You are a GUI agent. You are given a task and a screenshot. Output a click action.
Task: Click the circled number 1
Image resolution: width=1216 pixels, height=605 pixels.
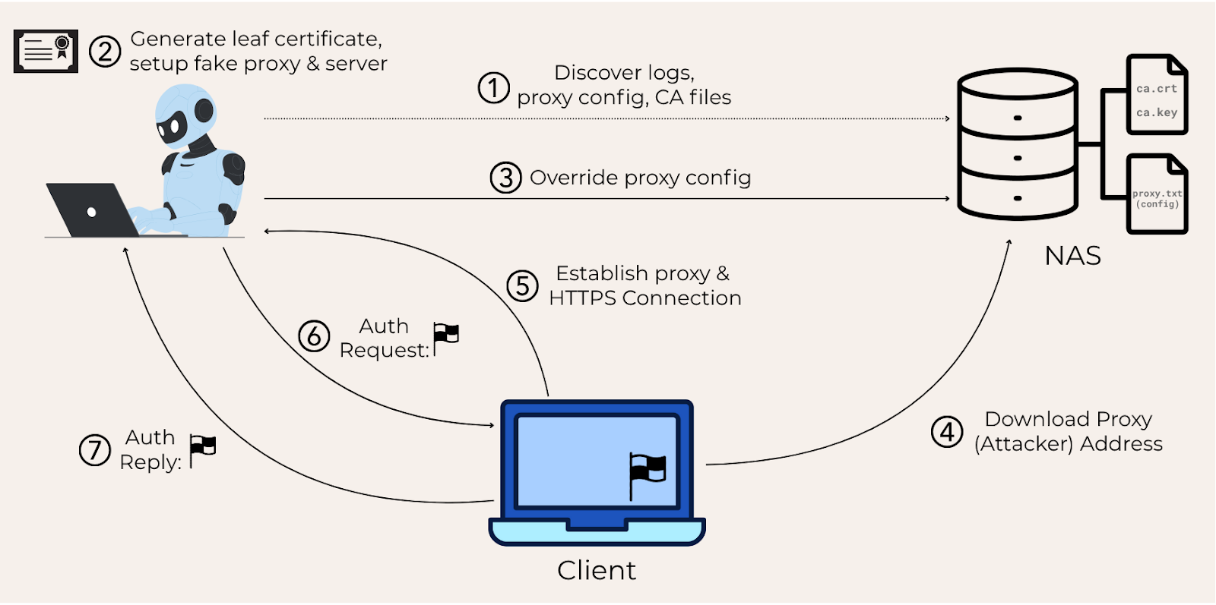[493, 88]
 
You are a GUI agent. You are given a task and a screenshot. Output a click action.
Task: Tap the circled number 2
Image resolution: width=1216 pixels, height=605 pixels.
[104, 52]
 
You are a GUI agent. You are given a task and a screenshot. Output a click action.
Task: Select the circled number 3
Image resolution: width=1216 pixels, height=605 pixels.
[505, 178]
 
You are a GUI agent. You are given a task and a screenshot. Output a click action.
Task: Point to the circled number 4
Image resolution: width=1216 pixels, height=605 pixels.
[947, 432]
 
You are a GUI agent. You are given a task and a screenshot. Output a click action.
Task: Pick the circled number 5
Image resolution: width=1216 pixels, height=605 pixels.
[522, 286]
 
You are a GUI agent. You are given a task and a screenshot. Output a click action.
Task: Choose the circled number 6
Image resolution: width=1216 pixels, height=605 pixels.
[314, 336]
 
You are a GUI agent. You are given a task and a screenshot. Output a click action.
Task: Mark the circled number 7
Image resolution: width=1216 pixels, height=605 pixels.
[95, 449]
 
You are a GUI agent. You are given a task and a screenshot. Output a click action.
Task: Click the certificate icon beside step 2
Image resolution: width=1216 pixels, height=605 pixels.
[46, 52]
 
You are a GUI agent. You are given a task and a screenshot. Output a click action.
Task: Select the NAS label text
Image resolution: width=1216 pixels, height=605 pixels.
[1072, 256]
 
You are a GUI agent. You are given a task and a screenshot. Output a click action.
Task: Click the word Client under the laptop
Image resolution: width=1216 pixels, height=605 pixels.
[597, 570]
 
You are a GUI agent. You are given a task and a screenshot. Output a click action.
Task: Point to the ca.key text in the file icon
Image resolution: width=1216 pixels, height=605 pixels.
[1157, 112]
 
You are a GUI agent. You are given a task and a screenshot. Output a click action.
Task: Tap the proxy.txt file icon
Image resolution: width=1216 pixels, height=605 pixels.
[1157, 195]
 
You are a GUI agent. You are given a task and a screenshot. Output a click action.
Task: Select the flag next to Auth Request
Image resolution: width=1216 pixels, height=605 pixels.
[446, 336]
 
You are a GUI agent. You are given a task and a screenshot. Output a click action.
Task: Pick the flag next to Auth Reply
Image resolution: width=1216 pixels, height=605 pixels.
[202, 449]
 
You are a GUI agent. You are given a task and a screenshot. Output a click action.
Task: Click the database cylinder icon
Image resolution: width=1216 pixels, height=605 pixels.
[1017, 144]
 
